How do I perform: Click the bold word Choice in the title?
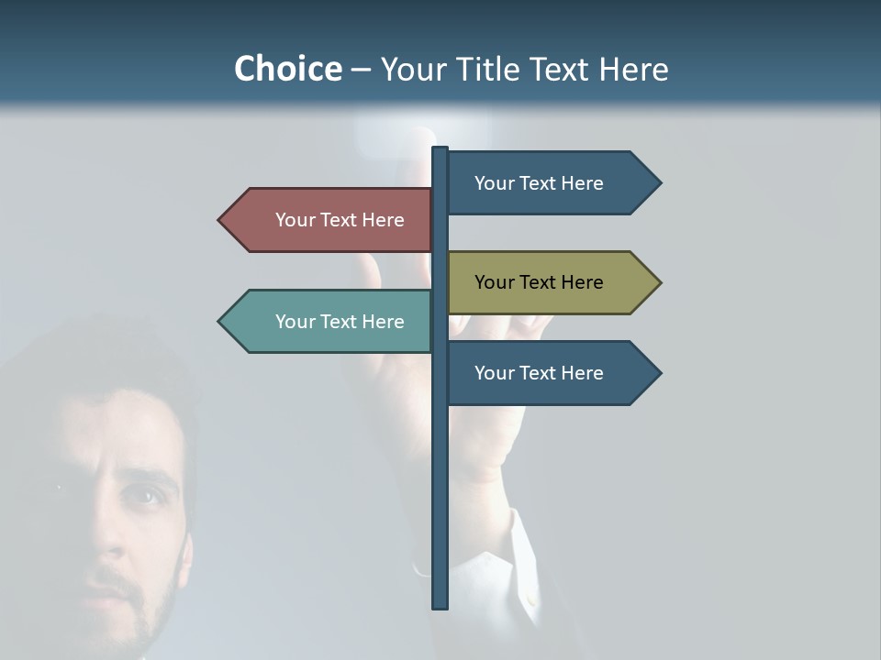287,69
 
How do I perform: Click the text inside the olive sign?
539,282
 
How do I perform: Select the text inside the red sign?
340,220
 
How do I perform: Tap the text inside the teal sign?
340,322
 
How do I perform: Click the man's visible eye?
144,496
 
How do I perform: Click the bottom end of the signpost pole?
440,605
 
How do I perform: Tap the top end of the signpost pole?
440,149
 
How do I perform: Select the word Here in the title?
633,69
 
